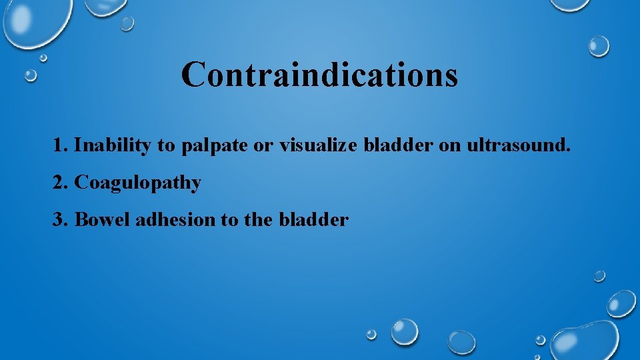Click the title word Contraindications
(319, 74)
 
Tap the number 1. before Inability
(61, 145)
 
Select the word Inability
(113, 145)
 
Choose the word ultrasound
(518, 145)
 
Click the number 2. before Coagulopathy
(61, 183)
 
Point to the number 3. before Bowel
(61, 219)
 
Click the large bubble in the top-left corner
(33, 20)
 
